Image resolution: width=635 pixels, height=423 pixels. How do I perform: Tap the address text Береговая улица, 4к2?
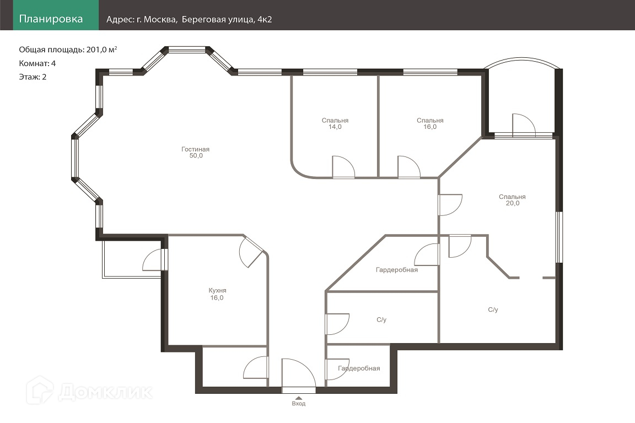(227, 19)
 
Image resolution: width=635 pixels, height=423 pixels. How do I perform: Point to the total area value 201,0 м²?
(101, 50)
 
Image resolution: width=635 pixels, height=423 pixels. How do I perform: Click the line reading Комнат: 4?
(37, 63)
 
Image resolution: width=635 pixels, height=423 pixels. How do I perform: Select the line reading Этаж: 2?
(33, 77)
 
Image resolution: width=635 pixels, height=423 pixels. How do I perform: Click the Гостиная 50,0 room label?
(196, 152)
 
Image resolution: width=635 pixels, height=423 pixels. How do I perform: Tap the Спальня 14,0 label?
(335, 123)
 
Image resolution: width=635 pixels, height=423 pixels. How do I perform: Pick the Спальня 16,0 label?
(430, 123)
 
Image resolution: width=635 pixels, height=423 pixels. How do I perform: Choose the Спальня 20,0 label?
(512, 200)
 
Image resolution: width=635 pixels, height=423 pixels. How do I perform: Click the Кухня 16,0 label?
(217, 294)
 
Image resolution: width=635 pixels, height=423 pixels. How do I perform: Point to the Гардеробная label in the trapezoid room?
(397, 270)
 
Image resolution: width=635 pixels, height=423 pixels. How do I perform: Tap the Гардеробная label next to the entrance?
(359, 368)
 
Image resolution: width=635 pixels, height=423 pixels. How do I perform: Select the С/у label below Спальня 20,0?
(493, 310)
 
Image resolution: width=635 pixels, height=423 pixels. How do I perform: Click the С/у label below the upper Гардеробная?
(381, 320)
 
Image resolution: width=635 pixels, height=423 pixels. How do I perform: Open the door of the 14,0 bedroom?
(343, 167)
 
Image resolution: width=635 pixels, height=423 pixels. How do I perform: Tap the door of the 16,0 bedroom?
(409, 167)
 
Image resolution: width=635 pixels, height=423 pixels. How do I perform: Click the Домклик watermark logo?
(89, 391)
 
